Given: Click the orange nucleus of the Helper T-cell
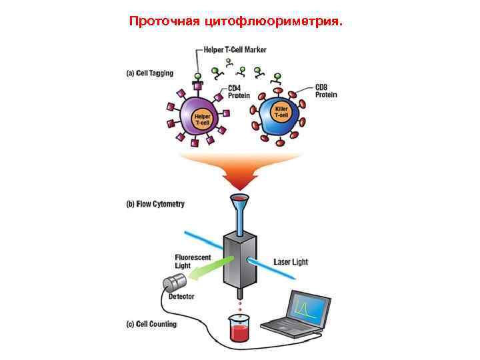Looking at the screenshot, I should [x=202, y=120].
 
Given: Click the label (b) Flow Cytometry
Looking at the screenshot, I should [x=155, y=204].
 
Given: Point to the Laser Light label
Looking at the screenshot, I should [x=291, y=262].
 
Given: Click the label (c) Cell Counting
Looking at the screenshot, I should [x=151, y=325].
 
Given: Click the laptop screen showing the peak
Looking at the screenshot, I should [x=309, y=307].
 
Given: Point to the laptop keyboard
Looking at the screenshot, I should [x=284, y=327].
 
